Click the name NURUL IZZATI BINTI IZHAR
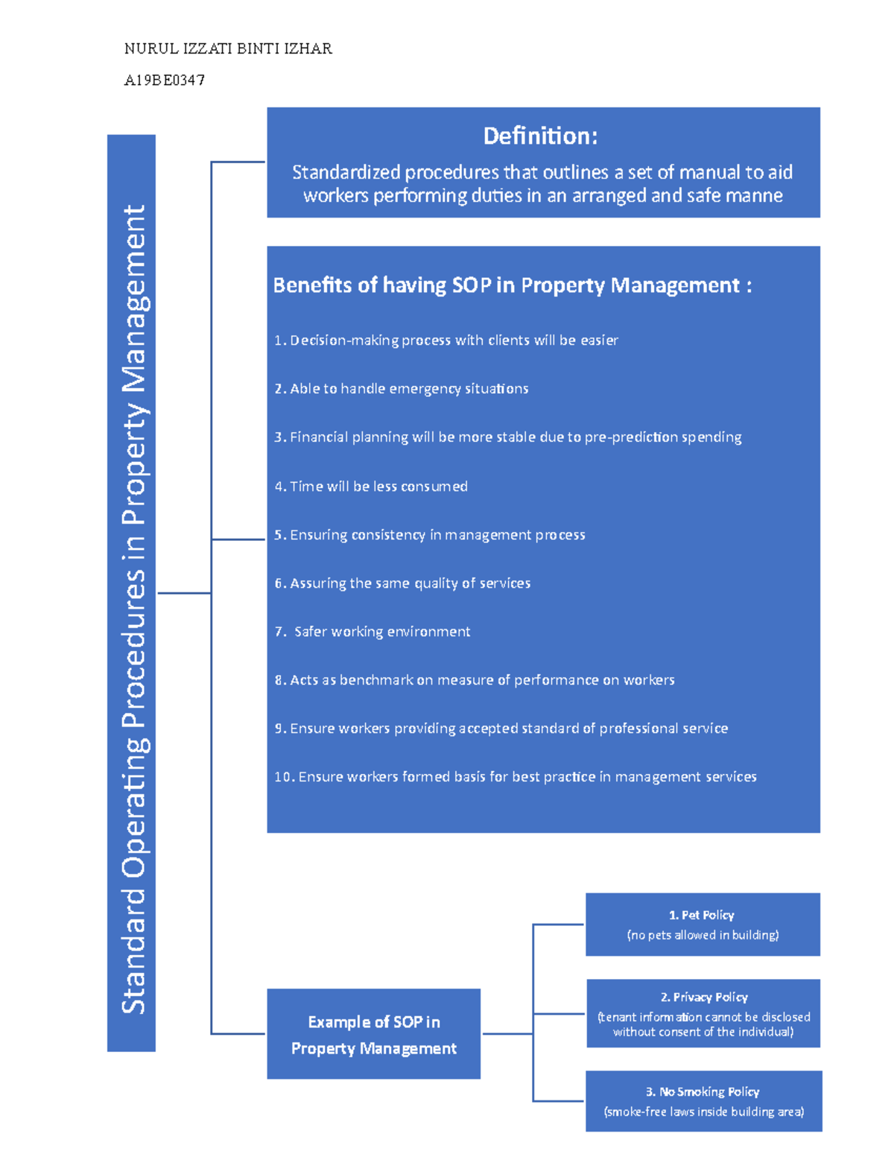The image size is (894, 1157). click(228, 49)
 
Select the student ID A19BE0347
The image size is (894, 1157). click(165, 80)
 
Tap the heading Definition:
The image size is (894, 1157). click(540, 136)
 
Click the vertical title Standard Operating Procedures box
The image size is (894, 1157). click(132, 592)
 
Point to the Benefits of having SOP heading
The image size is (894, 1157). click(512, 285)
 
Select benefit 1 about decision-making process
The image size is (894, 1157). click(446, 340)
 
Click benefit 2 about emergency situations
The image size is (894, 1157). click(402, 389)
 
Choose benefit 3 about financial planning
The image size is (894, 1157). click(508, 437)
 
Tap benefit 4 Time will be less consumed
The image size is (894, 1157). click(371, 486)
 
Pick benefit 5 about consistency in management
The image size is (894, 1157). click(430, 535)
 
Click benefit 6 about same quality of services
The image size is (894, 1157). click(402, 583)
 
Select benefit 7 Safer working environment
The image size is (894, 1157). click(372, 632)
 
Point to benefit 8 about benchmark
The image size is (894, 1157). click(475, 680)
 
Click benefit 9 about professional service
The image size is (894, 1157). click(501, 729)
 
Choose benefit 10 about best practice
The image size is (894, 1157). click(516, 777)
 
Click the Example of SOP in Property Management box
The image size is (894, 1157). click(373, 1034)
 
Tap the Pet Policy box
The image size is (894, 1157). click(703, 925)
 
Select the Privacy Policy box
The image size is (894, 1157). click(703, 1013)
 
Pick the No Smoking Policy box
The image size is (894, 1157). click(703, 1101)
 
